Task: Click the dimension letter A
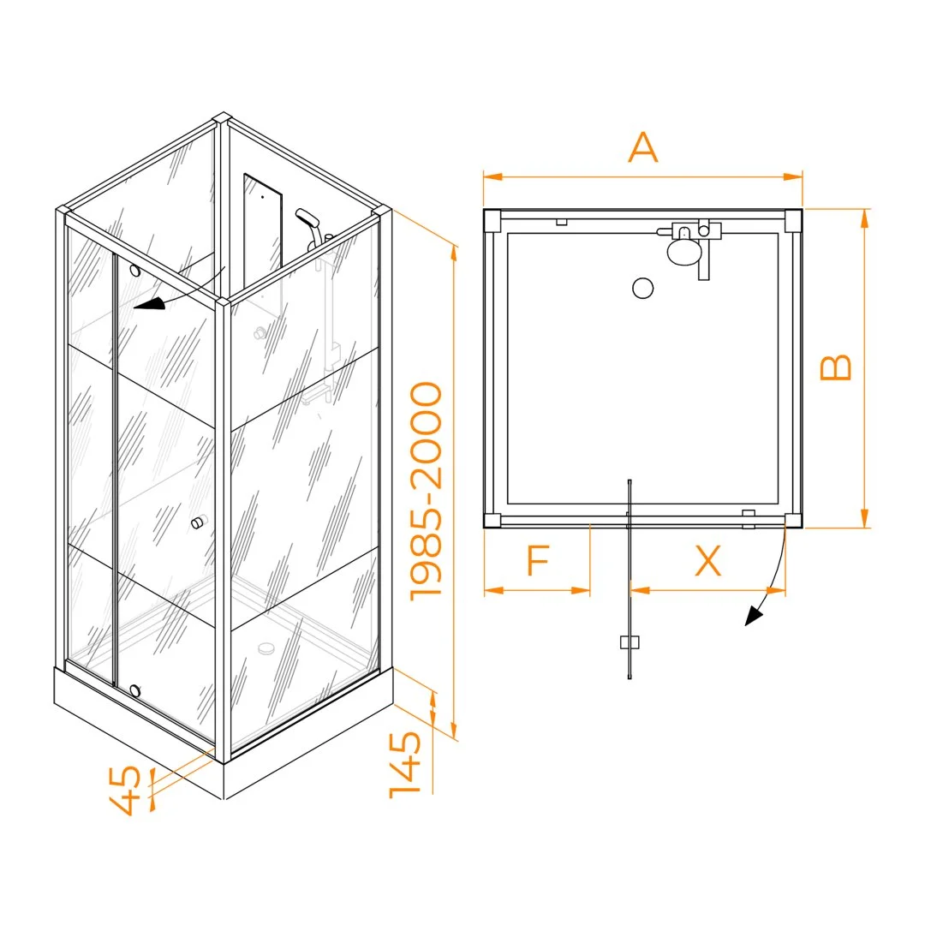[642, 147]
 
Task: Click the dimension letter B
[836, 367]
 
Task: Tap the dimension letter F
[538, 560]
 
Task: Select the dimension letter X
[708, 560]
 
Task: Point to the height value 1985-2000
[426, 492]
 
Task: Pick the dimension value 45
[126, 791]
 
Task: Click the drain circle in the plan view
[643, 289]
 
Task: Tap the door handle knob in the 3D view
[198, 522]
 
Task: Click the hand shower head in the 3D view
[307, 218]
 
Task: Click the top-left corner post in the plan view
[492, 220]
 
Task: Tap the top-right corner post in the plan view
[793, 221]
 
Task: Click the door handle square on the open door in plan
[630, 642]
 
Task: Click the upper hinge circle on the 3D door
[135, 271]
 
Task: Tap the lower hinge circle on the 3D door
[135, 691]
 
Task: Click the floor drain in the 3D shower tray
[266, 647]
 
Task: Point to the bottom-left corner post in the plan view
[492, 521]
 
